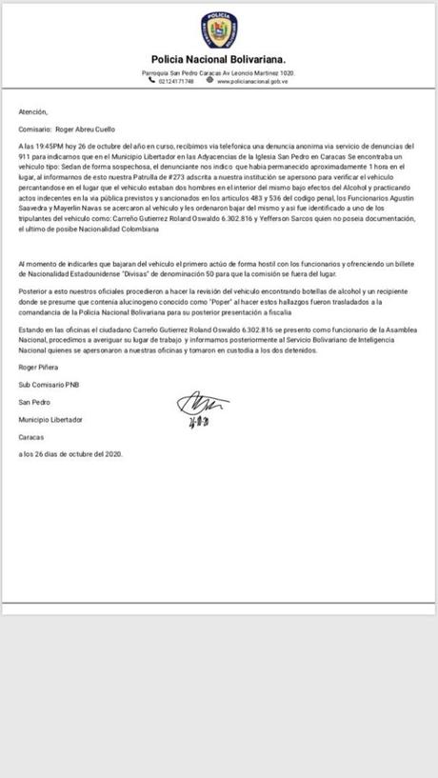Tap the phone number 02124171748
pos(175,81)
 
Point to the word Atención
pos(31,111)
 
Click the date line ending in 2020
pos(71,454)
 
